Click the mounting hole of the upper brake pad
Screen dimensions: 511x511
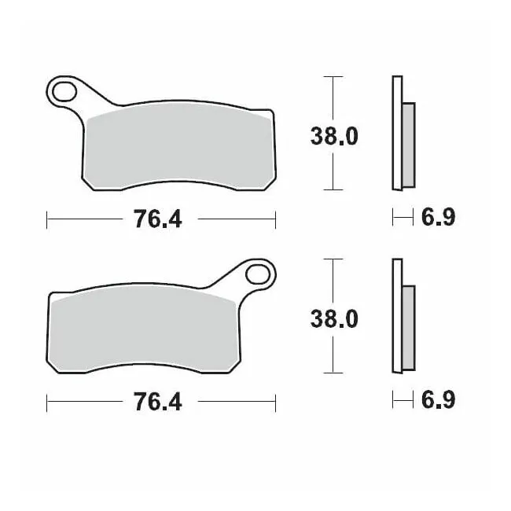coord(64,92)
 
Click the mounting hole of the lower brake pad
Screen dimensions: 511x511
coord(258,274)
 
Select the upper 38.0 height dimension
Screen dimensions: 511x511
coord(334,136)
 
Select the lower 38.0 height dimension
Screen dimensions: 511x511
coord(334,318)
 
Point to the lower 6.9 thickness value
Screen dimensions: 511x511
coord(438,400)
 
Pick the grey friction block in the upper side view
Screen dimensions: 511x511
coord(408,145)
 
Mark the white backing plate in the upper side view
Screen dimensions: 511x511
coord(396,132)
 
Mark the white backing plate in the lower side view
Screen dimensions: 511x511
coord(396,314)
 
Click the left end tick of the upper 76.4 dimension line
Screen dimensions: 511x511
coord(47,220)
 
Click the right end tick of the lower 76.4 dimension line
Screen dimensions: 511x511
coord(275,403)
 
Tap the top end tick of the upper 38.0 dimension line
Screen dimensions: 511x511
coord(334,77)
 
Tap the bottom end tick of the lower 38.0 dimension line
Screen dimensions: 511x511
coord(334,372)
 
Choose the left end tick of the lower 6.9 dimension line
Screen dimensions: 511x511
coord(392,400)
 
